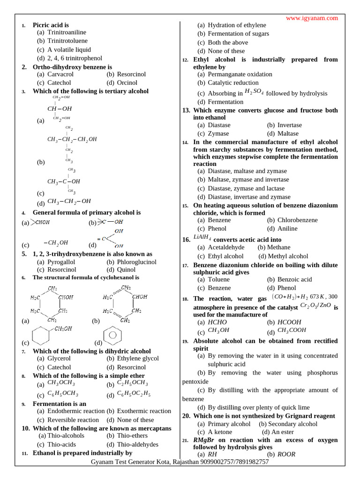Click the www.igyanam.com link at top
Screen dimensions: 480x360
tap(312, 18)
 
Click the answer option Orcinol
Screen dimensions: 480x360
tap(127, 82)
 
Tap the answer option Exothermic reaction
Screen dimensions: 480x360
tap(144, 411)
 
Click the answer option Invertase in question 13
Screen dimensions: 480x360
tap(289, 125)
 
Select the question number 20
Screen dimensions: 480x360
tap(186, 416)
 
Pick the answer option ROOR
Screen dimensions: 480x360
tap(286, 454)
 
